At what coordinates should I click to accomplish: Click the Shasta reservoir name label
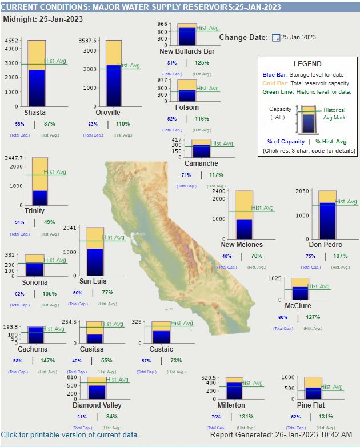tap(35, 113)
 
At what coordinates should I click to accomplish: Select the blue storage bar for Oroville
tap(113, 86)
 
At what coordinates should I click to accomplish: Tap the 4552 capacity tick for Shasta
tap(11, 41)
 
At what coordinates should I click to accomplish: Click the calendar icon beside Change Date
tap(275, 38)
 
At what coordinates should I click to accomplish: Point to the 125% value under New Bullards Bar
tap(202, 63)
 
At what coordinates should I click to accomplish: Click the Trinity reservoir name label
tap(34, 211)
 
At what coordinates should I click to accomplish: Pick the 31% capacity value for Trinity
tap(19, 222)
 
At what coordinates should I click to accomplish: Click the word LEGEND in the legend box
tap(307, 64)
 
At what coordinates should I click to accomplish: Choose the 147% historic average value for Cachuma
tap(47, 361)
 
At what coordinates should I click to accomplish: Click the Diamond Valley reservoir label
tap(97, 405)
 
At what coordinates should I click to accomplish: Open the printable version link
tap(70, 434)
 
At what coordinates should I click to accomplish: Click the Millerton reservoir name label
tap(231, 405)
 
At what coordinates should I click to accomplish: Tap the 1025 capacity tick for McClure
tap(275, 278)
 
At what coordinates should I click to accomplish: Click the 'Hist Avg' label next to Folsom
tap(207, 89)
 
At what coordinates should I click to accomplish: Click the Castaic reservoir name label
tap(161, 349)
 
